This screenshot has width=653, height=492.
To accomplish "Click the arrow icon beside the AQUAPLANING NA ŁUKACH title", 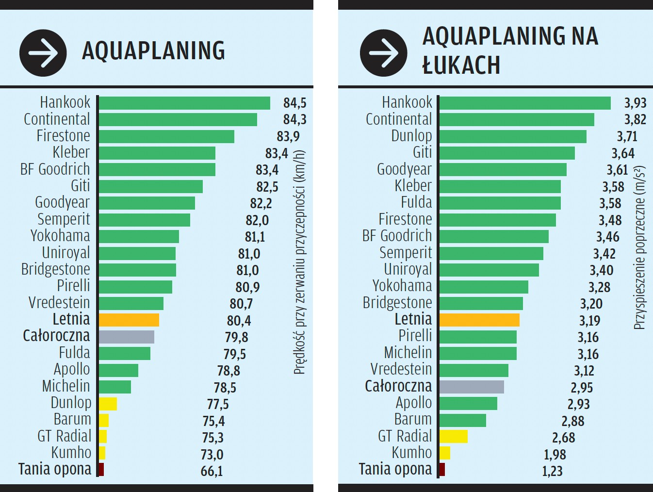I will click(x=383, y=53).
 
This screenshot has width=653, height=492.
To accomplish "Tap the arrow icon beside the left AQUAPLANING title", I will click(x=43, y=53).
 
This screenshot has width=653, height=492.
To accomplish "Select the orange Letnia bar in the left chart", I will click(x=129, y=320).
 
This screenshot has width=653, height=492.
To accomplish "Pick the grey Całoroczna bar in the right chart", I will click(x=472, y=387).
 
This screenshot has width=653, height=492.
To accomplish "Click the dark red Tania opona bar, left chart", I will click(x=101, y=470).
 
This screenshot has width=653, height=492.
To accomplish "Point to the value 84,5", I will click(x=294, y=103).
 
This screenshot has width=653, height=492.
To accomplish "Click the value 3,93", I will click(x=635, y=103).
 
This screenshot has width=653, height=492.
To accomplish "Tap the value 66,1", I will click(x=212, y=471).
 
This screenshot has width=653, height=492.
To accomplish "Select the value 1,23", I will click(x=552, y=471).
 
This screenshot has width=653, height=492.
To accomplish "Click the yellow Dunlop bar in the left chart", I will click(x=108, y=404).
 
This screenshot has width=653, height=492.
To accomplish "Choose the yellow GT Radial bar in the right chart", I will click(x=453, y=437).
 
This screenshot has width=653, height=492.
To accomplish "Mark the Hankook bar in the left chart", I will click(x=184, y=103).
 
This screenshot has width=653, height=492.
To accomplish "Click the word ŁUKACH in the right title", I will click(x=461, y=66).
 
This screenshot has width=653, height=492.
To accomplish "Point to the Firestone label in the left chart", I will click(x=63, y=136).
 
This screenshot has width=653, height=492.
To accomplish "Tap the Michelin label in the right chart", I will click(x=408, y=352).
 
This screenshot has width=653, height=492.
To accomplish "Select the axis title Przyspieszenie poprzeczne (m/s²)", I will click(x=640, y=247).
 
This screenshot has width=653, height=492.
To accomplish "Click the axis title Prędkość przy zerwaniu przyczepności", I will click(x=299, y=262).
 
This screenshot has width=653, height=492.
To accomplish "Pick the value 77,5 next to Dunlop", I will click(x=218, y=404).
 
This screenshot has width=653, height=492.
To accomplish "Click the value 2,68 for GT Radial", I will click(x=563, y=438).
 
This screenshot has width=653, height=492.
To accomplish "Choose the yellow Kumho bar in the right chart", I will click(x=444, y=453).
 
